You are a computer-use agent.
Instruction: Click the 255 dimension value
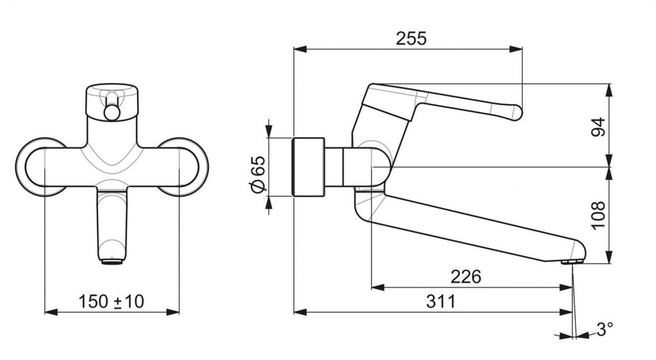[411, 38]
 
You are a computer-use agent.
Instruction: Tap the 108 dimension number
[598, 215]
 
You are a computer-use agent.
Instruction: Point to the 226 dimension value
[466, 276]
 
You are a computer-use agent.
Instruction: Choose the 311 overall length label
[441, 301]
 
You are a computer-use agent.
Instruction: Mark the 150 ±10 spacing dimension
[111, 301]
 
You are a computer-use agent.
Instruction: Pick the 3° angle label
[605, 329]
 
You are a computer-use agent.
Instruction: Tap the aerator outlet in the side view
[573, 262]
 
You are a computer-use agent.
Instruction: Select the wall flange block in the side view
[308, 167]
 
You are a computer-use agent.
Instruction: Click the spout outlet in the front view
[112, 262]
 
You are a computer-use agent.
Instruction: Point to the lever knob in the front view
[112, 113]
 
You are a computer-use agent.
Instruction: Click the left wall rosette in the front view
[21, 167]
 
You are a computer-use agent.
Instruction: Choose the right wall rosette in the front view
[203, 167]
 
